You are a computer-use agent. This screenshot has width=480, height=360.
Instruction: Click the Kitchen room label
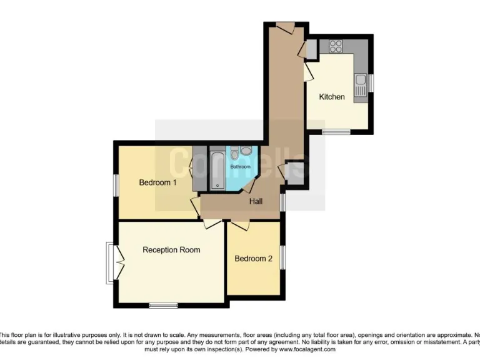pyautogui.click(x=332, y=97)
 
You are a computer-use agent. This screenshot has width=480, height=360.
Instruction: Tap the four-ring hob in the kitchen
pyautogui.click(x=336, y=46)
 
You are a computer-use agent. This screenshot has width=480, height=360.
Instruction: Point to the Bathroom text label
pyautogui.click(x=240, y=167)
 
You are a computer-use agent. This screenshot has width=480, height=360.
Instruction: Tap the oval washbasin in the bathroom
pyautogui.click(x=246, y=150)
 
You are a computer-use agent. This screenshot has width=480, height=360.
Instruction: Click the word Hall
pyautogui.click(x=256, y=201)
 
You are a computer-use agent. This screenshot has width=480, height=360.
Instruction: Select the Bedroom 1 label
pyautogui.click(x=157, y=182)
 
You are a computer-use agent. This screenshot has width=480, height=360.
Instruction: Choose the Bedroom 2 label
pyautogui.click(x=253, y=258)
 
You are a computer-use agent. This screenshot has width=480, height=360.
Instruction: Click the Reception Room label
pyautogui.click(x=171, y=249)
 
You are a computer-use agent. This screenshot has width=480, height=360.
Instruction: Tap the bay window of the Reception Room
pyautogui.click(x=111, y=262)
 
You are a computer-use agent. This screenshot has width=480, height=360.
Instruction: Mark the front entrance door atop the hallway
pyautogui.click(x=286, y=28)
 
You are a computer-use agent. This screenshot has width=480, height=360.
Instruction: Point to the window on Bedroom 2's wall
pyautogui.click(x=282, y=257)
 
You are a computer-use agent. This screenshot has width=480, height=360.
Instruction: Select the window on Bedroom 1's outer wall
pyautogui.click(x=116, y=184)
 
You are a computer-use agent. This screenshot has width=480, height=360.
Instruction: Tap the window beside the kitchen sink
pyautogui.click(x=371, y=82)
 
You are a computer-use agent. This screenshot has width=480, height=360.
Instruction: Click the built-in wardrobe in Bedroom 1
pyautogui.click(x=199, y=169)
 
